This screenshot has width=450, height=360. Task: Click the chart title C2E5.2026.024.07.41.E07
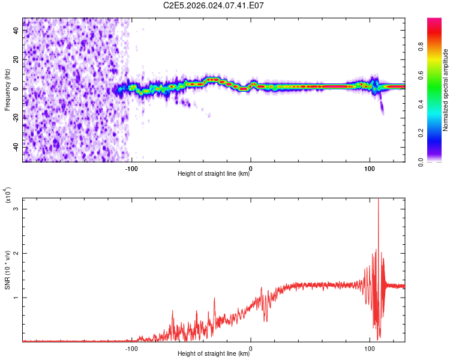213,5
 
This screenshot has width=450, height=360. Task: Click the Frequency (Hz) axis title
7,89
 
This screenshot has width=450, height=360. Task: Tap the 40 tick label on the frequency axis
16,30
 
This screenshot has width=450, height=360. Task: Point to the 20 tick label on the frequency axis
16,60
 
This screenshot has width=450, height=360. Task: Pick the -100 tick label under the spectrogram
131,169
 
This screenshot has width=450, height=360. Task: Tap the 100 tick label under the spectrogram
370,169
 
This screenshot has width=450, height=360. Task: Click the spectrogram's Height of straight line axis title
214,173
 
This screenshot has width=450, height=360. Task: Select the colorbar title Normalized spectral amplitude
445,90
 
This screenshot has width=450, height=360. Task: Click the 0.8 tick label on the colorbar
421,47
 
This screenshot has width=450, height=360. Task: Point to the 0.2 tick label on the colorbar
421,133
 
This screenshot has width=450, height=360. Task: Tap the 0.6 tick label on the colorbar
421,76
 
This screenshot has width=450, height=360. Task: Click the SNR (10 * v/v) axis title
7,270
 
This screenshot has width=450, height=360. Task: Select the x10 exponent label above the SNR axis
7,195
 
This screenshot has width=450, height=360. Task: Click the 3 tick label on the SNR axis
16,209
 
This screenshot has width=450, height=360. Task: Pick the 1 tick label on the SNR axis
16,298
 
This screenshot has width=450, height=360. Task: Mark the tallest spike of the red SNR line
378,199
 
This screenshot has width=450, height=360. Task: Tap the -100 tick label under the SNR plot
131,349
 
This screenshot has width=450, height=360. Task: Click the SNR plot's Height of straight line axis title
214,353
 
